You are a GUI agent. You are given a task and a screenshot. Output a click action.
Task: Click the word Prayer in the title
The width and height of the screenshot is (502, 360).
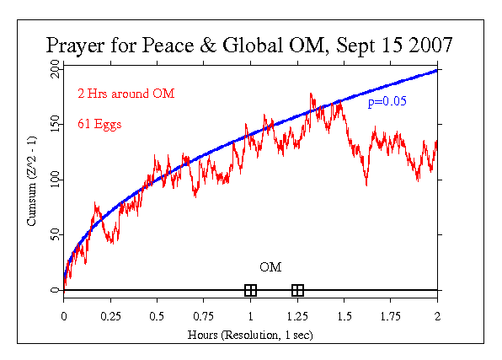[x=76, y=45]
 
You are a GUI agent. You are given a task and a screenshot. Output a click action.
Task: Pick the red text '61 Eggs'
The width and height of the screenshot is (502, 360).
[x=99, y=124]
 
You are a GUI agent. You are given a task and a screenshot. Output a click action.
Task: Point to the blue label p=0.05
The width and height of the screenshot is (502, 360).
[x=387, y=102]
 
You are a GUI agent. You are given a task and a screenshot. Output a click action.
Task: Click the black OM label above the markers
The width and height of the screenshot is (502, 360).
[x=270, y=267]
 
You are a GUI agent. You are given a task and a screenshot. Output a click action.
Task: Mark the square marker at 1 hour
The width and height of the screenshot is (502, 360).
[x=250, y=290]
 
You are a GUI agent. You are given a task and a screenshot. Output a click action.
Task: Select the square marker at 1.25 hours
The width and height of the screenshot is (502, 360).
[x=297, y=290]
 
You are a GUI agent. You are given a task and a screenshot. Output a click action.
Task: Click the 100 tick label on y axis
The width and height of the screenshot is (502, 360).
[x=54, y=180]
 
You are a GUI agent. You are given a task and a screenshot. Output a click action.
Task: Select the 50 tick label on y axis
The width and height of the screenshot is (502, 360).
[x=54, y=234]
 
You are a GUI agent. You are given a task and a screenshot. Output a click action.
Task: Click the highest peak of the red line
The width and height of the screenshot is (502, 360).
[x=311, y=94]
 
